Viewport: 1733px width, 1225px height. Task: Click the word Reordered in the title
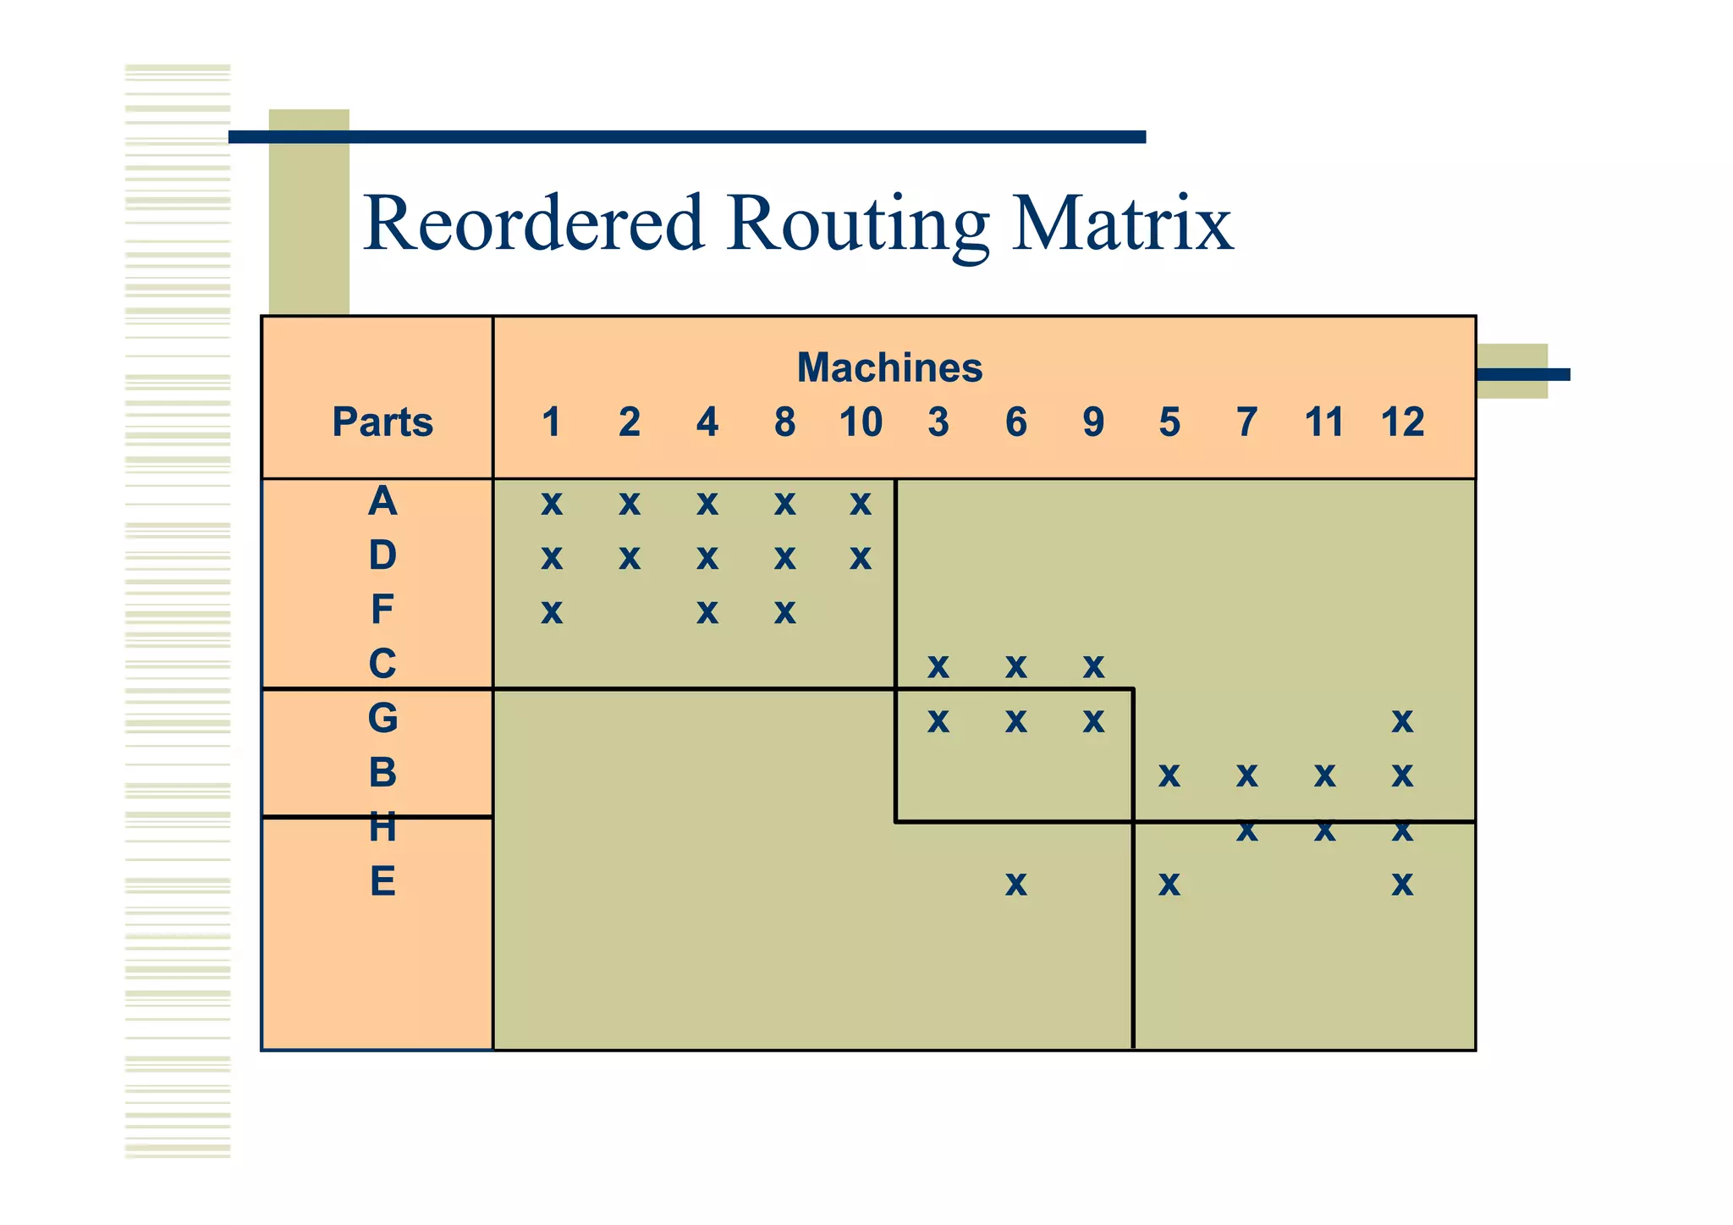tap(533, 223)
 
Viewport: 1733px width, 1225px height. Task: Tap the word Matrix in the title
tap(1122, 223)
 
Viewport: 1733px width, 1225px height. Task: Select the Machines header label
tap(889, 368)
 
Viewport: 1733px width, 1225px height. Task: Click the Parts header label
tap(382, 422)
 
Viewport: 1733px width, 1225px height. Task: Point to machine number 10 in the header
tap(861, 422)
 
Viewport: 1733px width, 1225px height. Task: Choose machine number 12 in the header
tap(1402, 422)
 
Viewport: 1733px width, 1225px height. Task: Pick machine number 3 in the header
tap(938, 422)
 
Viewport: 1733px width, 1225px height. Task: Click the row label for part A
tap(382, 501)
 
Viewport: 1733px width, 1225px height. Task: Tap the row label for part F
tap(382, 610)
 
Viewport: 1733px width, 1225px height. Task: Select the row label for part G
tap(382, 719)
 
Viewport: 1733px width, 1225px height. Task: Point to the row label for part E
tap(382, 882)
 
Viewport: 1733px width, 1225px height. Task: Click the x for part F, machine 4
tap(707, 611)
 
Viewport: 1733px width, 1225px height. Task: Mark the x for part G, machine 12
tap(1402, 721)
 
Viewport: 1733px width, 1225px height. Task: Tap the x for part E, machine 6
tap(1016, 885)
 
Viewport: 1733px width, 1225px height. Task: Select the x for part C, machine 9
tap(1093, 667)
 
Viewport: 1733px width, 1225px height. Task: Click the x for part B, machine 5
tap(1169, 775)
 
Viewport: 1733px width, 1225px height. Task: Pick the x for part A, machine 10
tap(861, 504)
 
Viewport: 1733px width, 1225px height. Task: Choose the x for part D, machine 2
tap(630, 558)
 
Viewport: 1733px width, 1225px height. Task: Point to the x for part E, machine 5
tap(1169, 885)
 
